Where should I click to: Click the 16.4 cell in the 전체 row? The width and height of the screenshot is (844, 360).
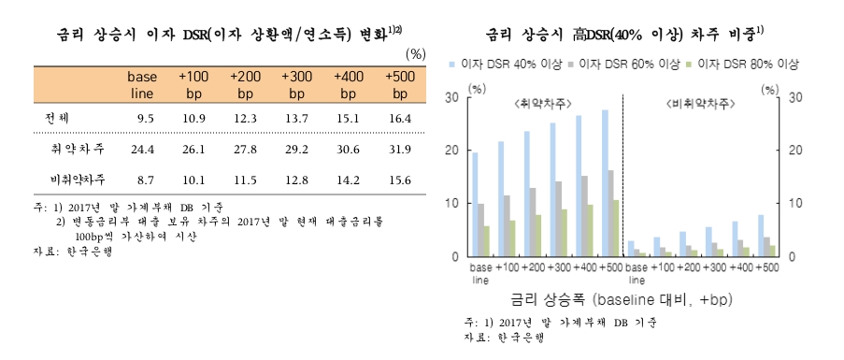[x=400, y=119]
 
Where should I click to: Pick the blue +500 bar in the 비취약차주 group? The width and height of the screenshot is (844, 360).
[x=761, y=236]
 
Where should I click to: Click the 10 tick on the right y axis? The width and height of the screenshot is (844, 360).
[x=795, y=203]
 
